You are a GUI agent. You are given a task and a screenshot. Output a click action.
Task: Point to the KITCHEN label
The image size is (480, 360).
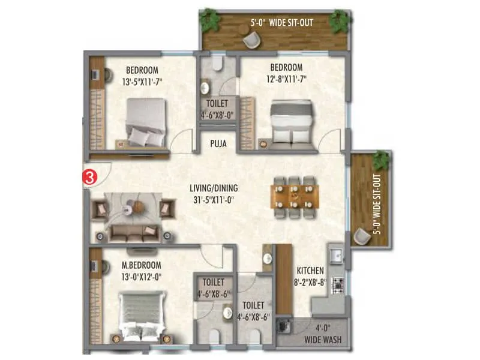point(310,271)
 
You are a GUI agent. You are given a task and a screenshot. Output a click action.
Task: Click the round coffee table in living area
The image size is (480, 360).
point(137,206)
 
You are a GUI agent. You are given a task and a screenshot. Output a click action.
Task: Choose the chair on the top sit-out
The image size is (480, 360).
point(251,40)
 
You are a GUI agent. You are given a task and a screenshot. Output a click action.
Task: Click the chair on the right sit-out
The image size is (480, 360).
point(362,237)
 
